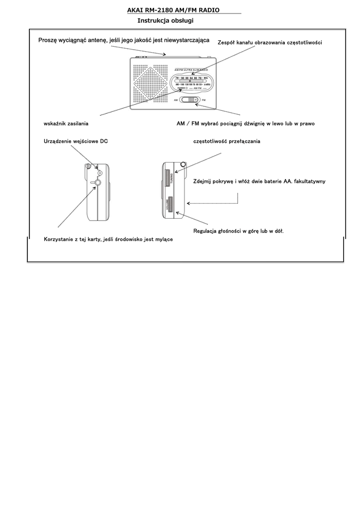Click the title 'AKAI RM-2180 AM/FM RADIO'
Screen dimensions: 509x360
[173, 10]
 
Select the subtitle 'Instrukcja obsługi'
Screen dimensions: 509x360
[165, 21]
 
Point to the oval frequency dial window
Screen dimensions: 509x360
[192, 82]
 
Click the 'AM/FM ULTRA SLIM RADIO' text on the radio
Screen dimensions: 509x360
[191, 69]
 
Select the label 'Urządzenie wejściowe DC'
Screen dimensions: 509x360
[76, 142]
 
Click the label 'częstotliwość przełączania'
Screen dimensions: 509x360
[226, 142]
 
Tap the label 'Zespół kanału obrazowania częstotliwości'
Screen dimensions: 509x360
[270, 43]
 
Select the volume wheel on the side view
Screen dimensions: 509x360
[170, 204]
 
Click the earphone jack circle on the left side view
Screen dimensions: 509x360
[97, 182]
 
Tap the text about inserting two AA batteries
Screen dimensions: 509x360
[259, 181]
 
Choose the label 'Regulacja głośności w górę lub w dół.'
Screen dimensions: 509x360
[238, 231]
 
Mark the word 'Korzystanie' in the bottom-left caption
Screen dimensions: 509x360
[59, 240]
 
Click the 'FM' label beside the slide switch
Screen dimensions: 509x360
[204, 100]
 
